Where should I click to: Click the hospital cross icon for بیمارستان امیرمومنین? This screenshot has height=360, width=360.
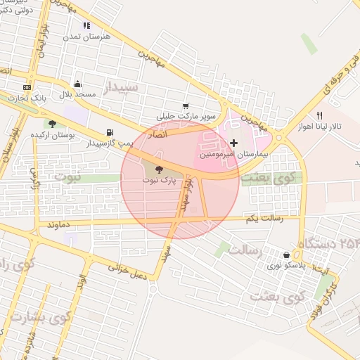pyautogui.click(x=234, y=143)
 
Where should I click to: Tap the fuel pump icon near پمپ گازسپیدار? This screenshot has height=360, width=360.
pyautogui.click(x=109, y=132)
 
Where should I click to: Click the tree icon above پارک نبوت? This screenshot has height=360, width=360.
pyautogui.click(x=157, y=169)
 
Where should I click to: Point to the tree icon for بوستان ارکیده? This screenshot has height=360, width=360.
pyautogui.click(x=51, y=124)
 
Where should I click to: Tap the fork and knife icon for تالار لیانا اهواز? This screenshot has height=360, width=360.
pyautogui.click(x=319, y=115)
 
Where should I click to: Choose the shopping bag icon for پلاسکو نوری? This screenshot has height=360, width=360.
pyautogui.click(x=286, y=255)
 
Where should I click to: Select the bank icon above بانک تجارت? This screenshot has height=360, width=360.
pyautogui.click(x=27, y=87)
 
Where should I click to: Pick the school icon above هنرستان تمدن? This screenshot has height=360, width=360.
pyautogui.click(x=86, y=25)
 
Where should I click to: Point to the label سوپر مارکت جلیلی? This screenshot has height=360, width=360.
pyautogui.click(x=188, y=115)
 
